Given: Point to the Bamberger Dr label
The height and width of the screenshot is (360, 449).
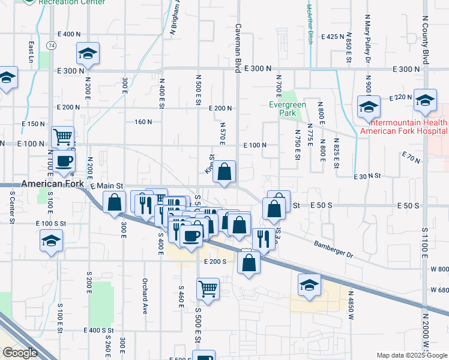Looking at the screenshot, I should (333, 248).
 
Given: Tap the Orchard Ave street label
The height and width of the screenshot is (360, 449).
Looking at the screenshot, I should (145, 298).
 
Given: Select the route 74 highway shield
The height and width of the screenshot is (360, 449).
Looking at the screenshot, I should (52, 45).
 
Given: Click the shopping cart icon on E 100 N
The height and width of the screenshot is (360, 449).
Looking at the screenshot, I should (62, 137).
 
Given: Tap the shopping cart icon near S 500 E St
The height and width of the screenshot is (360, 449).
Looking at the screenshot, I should (208, 288).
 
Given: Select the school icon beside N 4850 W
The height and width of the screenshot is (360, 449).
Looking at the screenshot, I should (309, 284).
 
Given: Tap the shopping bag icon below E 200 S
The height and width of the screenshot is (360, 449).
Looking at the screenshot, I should (249, 262).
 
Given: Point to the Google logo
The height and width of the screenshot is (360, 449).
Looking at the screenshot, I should (19, 353).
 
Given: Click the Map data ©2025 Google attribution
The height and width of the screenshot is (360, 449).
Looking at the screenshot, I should (411, 355).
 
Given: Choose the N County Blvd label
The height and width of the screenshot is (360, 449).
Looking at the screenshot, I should (426, 32).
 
